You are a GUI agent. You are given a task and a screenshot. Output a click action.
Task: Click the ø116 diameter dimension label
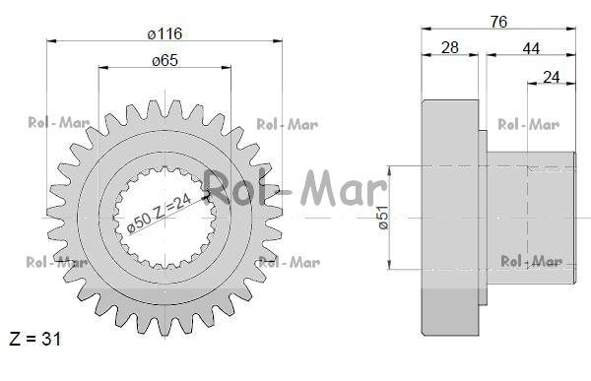pos(165,33)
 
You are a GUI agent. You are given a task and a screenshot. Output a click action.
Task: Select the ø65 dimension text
pos(165,60)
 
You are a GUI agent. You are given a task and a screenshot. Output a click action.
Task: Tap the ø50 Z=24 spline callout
pos(159,214)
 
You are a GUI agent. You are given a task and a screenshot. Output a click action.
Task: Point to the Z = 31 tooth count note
pos(34,339)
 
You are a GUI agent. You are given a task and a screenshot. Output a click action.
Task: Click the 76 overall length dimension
pos(498,22)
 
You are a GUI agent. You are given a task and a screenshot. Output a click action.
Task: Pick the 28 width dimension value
pos(450,48)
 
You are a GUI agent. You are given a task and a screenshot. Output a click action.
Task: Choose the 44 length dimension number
pos(531,48)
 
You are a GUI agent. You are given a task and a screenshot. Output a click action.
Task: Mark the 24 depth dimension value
pos(551,77)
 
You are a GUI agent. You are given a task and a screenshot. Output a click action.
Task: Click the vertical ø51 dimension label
pos(383,218)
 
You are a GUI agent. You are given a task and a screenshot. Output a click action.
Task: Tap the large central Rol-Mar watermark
pos(295,188)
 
